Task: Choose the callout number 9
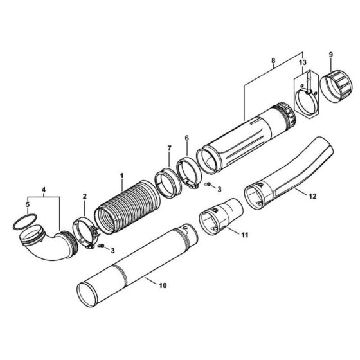click(x=332, y=55)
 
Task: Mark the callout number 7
click(x=169, y=148)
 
